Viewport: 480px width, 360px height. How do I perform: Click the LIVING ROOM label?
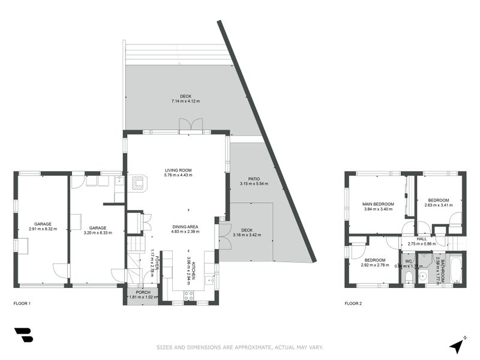pos(178,170)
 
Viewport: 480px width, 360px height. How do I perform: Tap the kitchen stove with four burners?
pos(188,295)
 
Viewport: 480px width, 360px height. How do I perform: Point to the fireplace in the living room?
pos(138,182)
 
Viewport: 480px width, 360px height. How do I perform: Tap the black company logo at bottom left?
pos(23,335)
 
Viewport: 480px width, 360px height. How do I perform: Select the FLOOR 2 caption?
pos(353,304)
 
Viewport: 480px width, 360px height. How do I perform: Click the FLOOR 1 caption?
pos(22,304)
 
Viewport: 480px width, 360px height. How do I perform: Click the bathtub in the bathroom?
pos(454,270)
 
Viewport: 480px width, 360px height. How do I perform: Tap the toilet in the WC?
pos(408,275)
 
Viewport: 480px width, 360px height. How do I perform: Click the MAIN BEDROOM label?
pos(377,205)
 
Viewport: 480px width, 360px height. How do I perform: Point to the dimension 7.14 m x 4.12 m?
pos(185,101)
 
